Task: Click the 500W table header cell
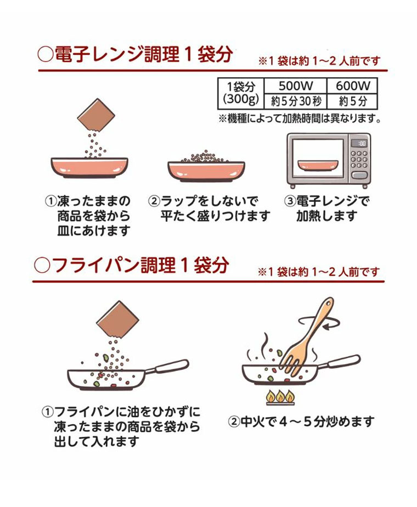295,86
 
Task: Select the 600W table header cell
352,86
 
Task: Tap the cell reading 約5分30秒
295,102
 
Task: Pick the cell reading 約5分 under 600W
352,102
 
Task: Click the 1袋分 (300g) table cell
241,93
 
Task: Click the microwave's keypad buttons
359,160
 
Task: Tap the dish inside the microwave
318,165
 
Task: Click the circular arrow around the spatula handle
318,322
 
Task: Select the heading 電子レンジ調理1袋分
135,54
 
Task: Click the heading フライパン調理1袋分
132,266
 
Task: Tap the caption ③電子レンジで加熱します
326,209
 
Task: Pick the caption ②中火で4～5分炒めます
301,421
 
